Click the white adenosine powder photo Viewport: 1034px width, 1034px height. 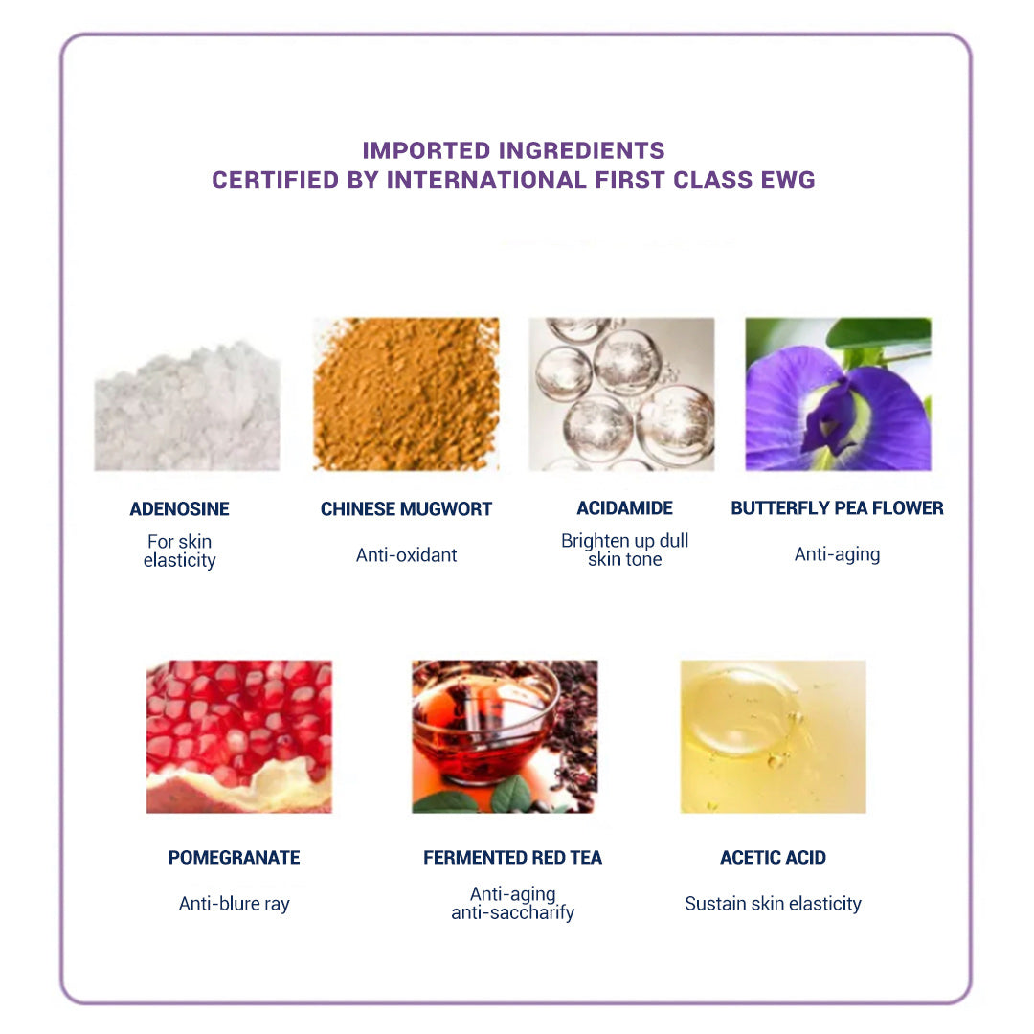[188, 405]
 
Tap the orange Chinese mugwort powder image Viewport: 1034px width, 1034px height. [406, 394]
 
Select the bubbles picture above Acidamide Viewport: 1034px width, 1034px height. [621, 394]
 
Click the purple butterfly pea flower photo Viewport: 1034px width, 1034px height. [838, 394]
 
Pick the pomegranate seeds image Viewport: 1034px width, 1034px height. [239, 736]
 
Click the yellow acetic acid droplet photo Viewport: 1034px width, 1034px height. [774, 736]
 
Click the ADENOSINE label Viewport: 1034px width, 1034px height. [179, 509]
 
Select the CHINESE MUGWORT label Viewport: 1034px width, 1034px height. [406, 509]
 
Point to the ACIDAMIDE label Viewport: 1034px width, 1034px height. [624, 507]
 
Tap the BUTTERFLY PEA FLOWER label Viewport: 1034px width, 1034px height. [837, 507]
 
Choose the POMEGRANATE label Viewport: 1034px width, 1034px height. [235, 857]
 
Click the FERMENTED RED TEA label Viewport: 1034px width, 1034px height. [512, 857]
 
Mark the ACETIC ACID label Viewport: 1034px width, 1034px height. [773, 857]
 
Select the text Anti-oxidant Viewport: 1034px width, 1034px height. [406, 555]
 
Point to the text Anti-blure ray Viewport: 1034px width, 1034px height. [235, 904]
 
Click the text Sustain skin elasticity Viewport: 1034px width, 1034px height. [773, 904]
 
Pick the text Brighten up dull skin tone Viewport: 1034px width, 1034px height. [624, 550]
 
